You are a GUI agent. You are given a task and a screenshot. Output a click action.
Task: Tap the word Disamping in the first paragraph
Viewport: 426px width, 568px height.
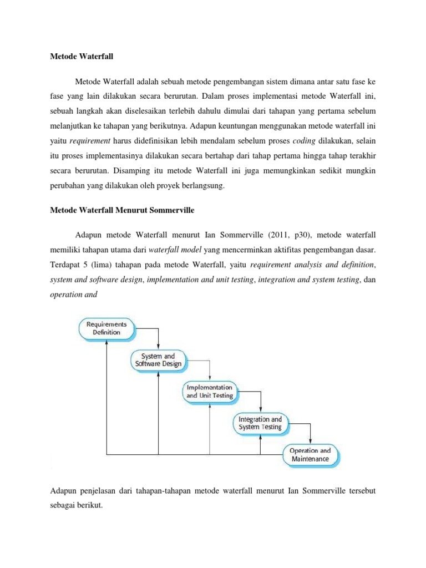pos(119,171)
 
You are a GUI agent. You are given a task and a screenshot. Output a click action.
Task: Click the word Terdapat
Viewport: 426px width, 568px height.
pos(66,265)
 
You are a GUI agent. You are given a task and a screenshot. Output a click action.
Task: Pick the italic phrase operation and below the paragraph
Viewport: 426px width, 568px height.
pos(74,295)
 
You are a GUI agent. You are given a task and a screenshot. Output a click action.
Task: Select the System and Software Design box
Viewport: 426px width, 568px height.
pos(158,360)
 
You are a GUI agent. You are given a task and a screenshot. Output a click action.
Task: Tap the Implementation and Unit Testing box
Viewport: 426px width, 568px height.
pos(210,392)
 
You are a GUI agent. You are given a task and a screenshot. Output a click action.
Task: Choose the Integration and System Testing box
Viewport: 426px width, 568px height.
pos(260,423)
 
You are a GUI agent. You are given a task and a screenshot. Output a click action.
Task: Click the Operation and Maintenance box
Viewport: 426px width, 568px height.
pos(310,454)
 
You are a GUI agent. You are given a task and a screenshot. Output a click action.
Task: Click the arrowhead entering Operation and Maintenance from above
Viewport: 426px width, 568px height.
pos(311,442)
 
